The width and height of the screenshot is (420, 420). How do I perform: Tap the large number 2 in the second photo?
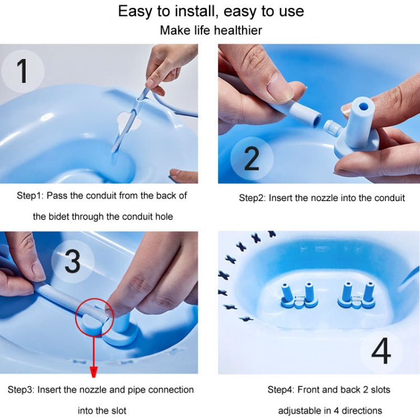tap(251, 158)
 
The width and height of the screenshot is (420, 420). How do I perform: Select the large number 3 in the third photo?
tap(72, 261)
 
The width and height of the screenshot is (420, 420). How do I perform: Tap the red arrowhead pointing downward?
tap(94, 371)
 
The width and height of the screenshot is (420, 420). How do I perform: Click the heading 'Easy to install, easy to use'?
tap(211, 11)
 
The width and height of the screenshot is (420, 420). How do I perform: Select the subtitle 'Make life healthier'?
tap(211, 30)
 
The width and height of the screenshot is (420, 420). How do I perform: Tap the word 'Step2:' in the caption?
tap(253, 198)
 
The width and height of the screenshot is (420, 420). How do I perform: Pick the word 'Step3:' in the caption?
tap(21, 389)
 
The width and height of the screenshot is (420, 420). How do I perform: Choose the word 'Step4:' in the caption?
tap(281, 389)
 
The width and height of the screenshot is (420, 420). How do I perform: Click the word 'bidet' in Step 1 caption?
tap(59, 216)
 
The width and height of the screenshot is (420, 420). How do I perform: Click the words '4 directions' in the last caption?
tap(356, 410)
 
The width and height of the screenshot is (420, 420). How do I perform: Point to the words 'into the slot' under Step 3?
tap(102, 410)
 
